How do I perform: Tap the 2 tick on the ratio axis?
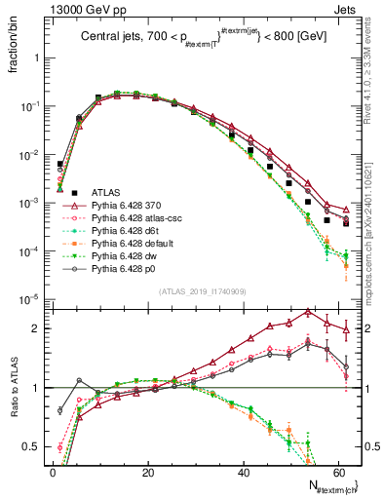click(40, 328)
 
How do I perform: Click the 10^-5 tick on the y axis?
click(31, 299)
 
